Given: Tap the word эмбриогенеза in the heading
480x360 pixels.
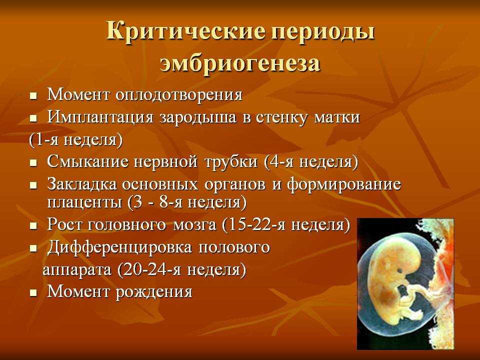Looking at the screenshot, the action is click(240, 63).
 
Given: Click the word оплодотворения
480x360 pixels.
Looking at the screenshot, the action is click(179, 95).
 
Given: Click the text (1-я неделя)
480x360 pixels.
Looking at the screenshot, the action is click(76, 140).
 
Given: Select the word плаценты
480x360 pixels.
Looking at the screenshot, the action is click(84, 202).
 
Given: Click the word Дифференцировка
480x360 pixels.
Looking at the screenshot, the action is click(119, 247).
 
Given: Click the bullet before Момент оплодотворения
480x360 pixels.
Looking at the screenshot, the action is click(33, 96).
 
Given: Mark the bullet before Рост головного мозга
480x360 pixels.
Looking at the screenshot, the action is click(33, 226).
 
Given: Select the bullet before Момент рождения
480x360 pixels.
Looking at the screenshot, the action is click(33, 293).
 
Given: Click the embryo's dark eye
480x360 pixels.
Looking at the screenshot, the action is click(400, 270).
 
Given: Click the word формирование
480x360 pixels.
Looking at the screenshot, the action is click(344, 185).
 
